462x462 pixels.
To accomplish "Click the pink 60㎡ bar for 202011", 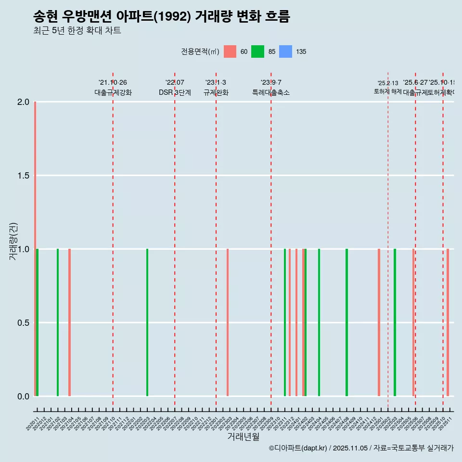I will pyautogui.click(x=35, y=249).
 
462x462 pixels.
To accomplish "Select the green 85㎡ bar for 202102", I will pyautogui.click(x=58, y=322).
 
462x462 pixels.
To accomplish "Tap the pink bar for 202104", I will pyautogui.click(x=69, y=322).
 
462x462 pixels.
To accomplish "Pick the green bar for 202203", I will pyautogui.click(x=147, y=322).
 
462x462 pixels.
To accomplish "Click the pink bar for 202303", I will pyautogui.click(x=228, y=322).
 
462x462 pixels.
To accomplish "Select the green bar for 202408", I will pyautogui.click(x=346, y=322).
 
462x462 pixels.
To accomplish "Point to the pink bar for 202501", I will pyautogui.click(x=379, y=322).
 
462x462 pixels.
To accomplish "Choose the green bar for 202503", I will pyautogui.click(x=395, y=322).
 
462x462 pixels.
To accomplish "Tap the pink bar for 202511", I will pyautogui.click(x=448, y=322).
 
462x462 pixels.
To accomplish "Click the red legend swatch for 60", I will pyautogui.click(x=230, y=51).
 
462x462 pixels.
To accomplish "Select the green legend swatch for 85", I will pyautogui.click(x=258, y=51).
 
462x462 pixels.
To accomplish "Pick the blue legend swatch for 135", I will pyautogui.click(x=286, y=51).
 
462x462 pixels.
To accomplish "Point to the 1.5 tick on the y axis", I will pyautogui.click(x=23, y=176).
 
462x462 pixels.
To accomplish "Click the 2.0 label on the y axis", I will pyautogui.click(x=23, y=102).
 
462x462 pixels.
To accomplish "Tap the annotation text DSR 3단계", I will pyautogui.click(x=175, y=93).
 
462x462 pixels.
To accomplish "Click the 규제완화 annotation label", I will pyautogui.click(x=216, y=93).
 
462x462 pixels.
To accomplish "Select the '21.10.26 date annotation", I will pyautogui.click(x=113, y=83).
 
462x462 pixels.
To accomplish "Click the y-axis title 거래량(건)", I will pyautogui.click(x=13, y=242).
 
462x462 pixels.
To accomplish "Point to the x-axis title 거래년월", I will pyautogui.click(x=243, y=437).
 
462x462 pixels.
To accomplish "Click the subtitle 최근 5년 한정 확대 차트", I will pyautogui.click(x=77, y=31).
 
